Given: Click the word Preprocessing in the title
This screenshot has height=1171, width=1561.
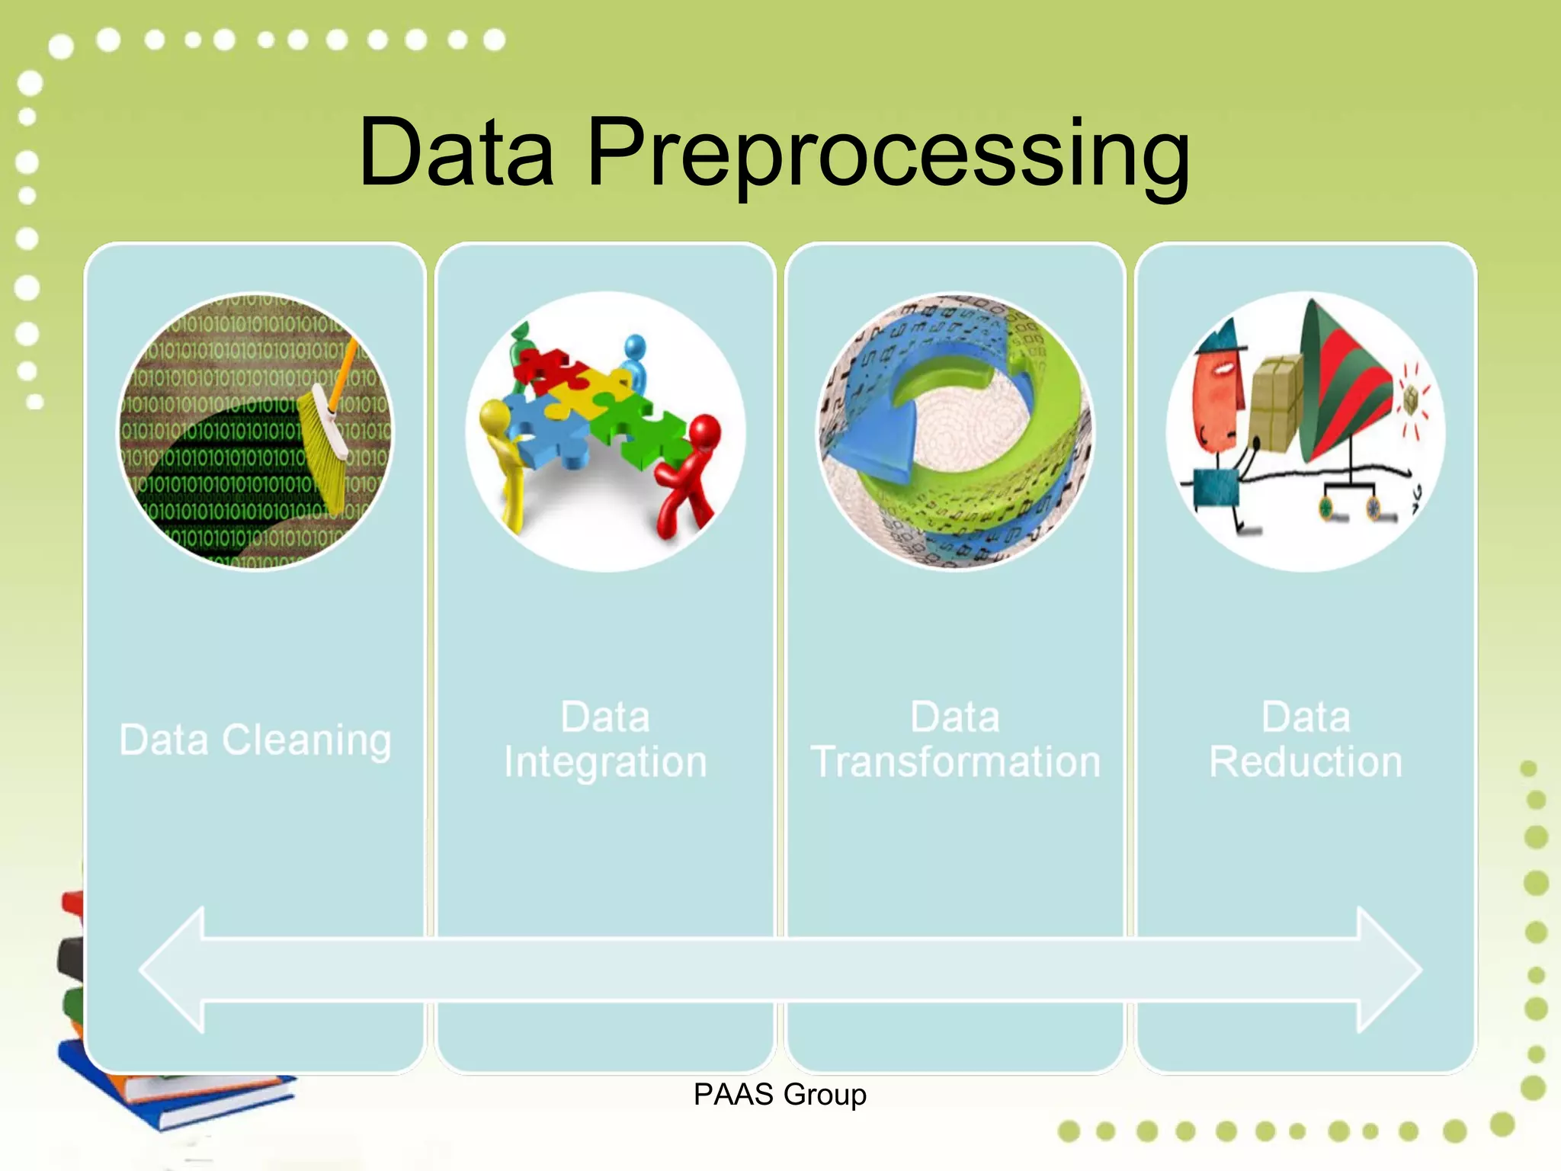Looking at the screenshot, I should (888, 152).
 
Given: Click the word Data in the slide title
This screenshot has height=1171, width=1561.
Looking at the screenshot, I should (456, 152).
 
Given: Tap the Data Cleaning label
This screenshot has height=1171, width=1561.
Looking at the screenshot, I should (255, 739).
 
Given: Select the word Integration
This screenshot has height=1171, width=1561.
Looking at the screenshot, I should (605, 762).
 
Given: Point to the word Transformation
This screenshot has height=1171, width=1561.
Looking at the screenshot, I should (955, 762).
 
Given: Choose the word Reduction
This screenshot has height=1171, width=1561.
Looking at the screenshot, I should (1305, 762).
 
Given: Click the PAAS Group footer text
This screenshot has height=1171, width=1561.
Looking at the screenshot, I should (780, 1095).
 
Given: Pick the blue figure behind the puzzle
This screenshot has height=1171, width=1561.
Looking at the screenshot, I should (634, 358).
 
